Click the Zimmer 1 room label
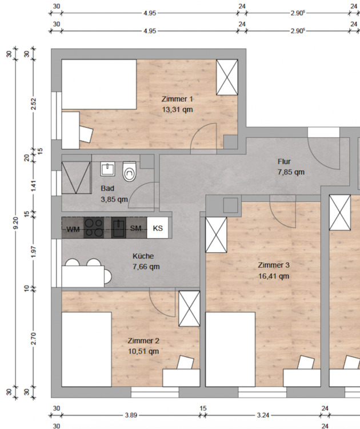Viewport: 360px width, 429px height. click(177, 99)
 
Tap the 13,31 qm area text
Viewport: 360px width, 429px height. click(177, 110)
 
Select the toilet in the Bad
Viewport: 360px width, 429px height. click(129, 172)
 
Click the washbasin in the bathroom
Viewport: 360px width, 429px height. click(107, 169)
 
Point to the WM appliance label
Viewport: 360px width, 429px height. click(73, 229)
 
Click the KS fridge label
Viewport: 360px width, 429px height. click(158, 228)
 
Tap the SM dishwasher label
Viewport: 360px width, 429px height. click(136, 228)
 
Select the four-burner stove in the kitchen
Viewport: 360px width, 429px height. click(94, 228)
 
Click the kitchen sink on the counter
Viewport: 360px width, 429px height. click(119, 228)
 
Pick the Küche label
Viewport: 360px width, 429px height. click(143, 256)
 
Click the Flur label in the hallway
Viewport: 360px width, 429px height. click(284, 161)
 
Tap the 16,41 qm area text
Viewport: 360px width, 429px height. click(274, 276)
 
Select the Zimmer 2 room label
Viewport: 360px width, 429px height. click(143, 341)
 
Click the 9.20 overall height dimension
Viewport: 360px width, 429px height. click(15, 223)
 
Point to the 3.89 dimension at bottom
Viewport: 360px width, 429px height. click(131, 415)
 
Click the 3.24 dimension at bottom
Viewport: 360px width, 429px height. click(263, 415)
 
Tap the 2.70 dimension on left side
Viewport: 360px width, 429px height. click(33, 338)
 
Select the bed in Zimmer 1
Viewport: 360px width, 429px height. click(99, 84)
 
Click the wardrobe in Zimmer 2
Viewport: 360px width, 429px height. click(189, 309)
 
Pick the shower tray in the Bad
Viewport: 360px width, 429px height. click(76, 177)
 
